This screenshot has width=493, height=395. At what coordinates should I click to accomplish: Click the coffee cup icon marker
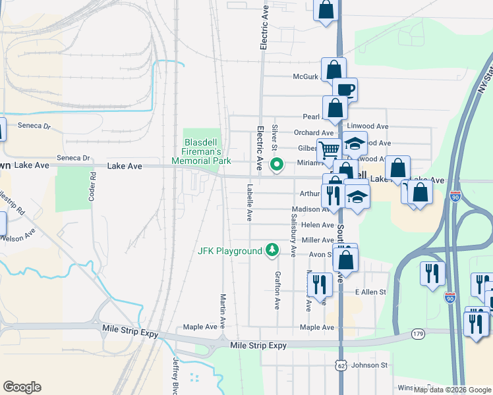(344, 90)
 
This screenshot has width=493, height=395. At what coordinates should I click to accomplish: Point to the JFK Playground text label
(230, 251)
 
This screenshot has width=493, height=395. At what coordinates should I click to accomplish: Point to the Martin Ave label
(223, 311)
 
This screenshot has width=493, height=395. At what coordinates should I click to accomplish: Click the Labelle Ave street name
(250, 201)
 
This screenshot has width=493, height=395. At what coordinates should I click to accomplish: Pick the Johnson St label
(374, 365)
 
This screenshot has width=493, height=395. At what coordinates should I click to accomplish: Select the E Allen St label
(370, 292)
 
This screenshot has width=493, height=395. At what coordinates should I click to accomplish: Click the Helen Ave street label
(318, 224)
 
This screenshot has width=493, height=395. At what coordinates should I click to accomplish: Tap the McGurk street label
(306, 76)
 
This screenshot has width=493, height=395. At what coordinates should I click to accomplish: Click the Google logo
(22, 387)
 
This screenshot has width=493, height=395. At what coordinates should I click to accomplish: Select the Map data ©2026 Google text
(453, 390)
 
